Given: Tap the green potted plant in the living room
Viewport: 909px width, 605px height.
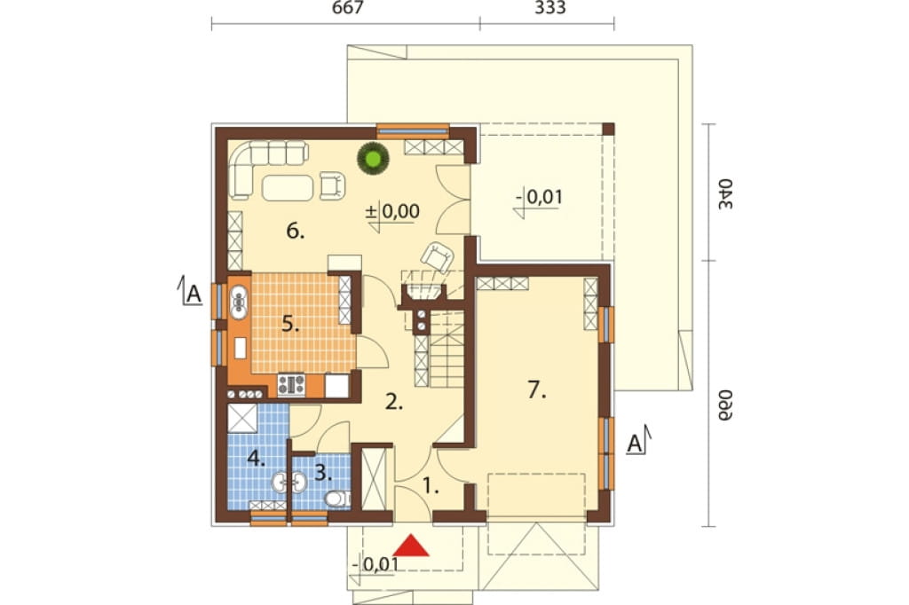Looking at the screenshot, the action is pos(372,158).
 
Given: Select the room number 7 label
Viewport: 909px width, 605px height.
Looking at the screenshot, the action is pos(537,390).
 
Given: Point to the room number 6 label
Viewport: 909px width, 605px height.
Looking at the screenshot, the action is pos(295,232).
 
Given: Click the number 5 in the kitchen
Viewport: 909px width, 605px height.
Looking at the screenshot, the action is pos(290,324).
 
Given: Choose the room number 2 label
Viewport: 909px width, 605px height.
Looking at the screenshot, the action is pos(393,402).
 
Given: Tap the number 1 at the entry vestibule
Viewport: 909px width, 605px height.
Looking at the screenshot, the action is pos(430,485).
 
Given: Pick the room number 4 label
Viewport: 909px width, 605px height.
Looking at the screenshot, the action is pos(256,459).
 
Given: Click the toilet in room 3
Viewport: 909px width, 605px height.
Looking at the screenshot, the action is pos(336,498).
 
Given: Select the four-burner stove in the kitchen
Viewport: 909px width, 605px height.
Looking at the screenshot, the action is pos(291,384).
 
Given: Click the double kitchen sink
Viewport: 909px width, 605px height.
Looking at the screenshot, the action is pos(238,302).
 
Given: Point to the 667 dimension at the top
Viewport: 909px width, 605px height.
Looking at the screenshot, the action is pos(348,8).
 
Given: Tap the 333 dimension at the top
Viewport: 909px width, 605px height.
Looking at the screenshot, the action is pos(550,8).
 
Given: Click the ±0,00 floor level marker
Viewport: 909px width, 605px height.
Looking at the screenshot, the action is pos(392,211).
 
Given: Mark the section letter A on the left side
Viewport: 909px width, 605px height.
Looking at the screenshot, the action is pos(193,295).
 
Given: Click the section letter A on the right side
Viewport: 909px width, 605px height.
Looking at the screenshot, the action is pos(636,444).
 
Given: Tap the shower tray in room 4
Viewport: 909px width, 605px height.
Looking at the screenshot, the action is pos(241,419).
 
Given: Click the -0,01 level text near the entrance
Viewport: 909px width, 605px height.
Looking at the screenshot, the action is pos(375,564).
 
